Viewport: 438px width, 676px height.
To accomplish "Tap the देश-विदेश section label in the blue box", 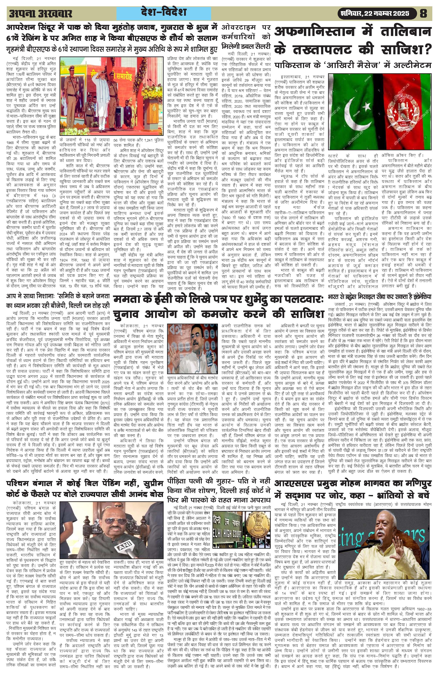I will (x=164, y=12).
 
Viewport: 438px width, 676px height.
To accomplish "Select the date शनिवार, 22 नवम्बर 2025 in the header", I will (x=373, y=13).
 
